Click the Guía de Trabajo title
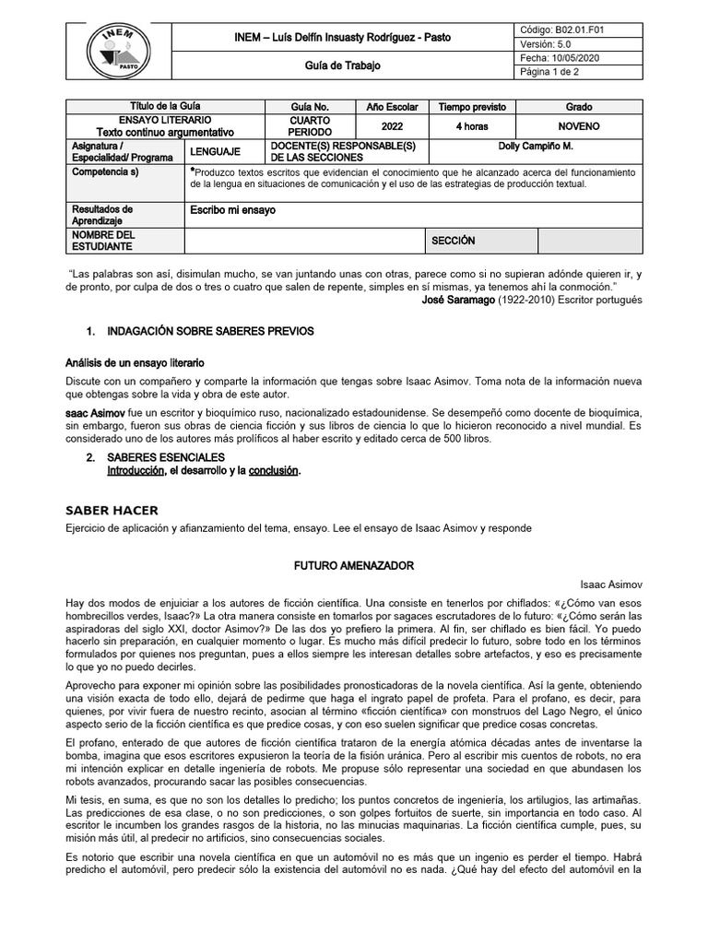(342, 66)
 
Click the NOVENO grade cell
(579, 126)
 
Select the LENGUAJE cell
(216, 151)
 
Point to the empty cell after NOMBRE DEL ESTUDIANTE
(303, 241)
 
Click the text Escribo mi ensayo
(232, 210)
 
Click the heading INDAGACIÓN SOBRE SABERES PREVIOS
(210, 330)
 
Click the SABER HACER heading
(112, 510)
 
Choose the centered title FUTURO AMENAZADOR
(354, 564)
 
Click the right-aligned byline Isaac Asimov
(611, 584)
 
